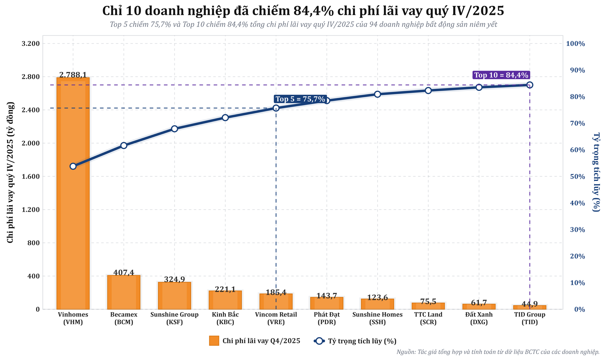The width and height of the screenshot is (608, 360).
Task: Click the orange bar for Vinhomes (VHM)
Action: coord(73,193)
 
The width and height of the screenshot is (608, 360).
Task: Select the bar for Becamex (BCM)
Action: coord(124,292)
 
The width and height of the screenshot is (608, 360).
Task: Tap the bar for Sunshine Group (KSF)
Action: coord(174,296)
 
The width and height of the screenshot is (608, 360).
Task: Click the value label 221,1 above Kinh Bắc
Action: coord(225,289)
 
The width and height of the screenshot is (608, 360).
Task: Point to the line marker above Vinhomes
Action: coord(73,166)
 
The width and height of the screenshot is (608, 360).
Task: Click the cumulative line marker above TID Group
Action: coord(530,85)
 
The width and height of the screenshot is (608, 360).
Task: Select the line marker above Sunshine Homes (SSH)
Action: coord(377,94)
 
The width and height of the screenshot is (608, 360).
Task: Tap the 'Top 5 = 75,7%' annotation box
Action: coord(300,99)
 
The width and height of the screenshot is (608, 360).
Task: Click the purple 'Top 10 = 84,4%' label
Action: coord(501,75)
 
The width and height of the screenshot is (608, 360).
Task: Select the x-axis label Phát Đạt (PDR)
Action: coord(327,318)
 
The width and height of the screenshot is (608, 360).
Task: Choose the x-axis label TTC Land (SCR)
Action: coord(428,318)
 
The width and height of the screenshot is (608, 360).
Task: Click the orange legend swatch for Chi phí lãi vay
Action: coord(214,341)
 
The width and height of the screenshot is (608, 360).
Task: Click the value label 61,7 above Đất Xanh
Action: coord(479,303)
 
